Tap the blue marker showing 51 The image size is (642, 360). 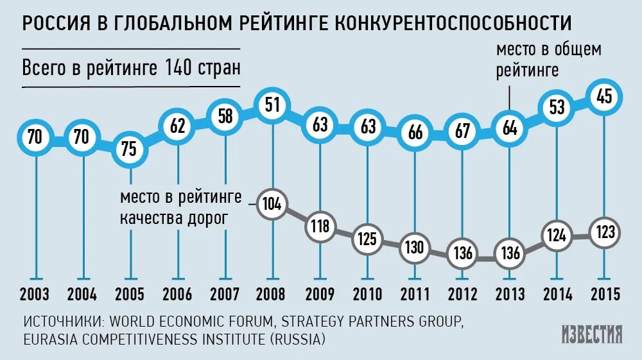(x=273, y=105)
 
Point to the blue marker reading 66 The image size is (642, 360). (x=415, y=133)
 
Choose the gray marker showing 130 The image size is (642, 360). (x=415, y=247)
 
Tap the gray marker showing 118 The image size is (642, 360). (x=319, y=226)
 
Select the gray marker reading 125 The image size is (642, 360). (x=367, y=239)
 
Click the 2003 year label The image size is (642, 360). (x=35, y=295)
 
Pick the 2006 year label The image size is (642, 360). (x=177, y=295)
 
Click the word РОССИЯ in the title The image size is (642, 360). (x=56, y=23)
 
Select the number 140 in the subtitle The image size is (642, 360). (x=178, y=67)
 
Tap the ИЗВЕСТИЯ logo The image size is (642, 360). (x=591, y=334)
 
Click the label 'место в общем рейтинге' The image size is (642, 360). (x=548, y=60)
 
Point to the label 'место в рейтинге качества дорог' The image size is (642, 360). (x=181, y=207)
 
